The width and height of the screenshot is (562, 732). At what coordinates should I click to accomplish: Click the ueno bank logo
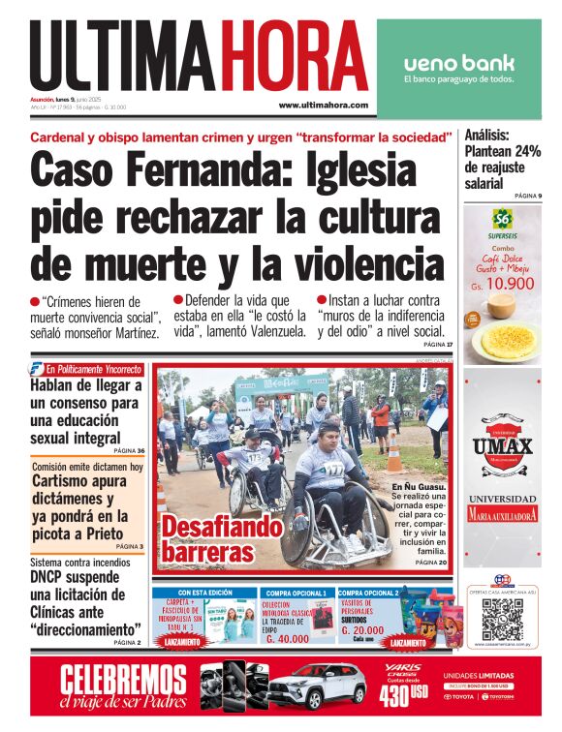459,64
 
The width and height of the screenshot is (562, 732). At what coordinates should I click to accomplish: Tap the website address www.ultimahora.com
324,105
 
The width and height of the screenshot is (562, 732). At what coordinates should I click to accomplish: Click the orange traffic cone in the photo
393,448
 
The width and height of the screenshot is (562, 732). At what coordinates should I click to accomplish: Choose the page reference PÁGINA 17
435,345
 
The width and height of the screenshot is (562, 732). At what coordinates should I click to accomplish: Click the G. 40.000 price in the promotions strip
287,639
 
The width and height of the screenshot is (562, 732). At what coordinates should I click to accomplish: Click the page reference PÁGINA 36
129,450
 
